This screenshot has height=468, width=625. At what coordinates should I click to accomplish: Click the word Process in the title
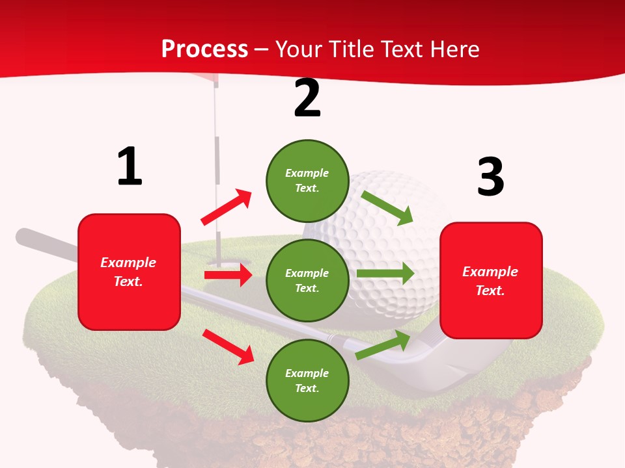[204, 49]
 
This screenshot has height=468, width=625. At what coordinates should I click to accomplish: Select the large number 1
[130, 166]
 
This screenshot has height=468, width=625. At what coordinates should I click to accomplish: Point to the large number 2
[307, 98]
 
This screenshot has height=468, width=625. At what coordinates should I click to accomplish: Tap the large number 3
[490, 177]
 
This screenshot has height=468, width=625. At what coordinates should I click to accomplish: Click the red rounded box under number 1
[129, 272]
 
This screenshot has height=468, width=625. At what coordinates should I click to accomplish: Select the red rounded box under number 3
[491, 280]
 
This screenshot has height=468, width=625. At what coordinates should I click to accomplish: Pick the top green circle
[307, 181]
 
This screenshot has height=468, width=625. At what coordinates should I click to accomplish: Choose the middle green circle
[307, 280]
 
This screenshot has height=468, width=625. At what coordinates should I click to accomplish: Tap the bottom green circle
[307, 380]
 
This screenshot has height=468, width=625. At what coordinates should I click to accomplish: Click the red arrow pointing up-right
[227, 207]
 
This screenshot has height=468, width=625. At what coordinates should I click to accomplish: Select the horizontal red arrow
[228, 275]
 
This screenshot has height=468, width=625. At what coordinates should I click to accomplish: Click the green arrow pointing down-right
[387, 207]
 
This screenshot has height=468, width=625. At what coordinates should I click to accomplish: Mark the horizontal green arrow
[385, 274]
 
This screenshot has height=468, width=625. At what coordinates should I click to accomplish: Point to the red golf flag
[226, 79]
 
